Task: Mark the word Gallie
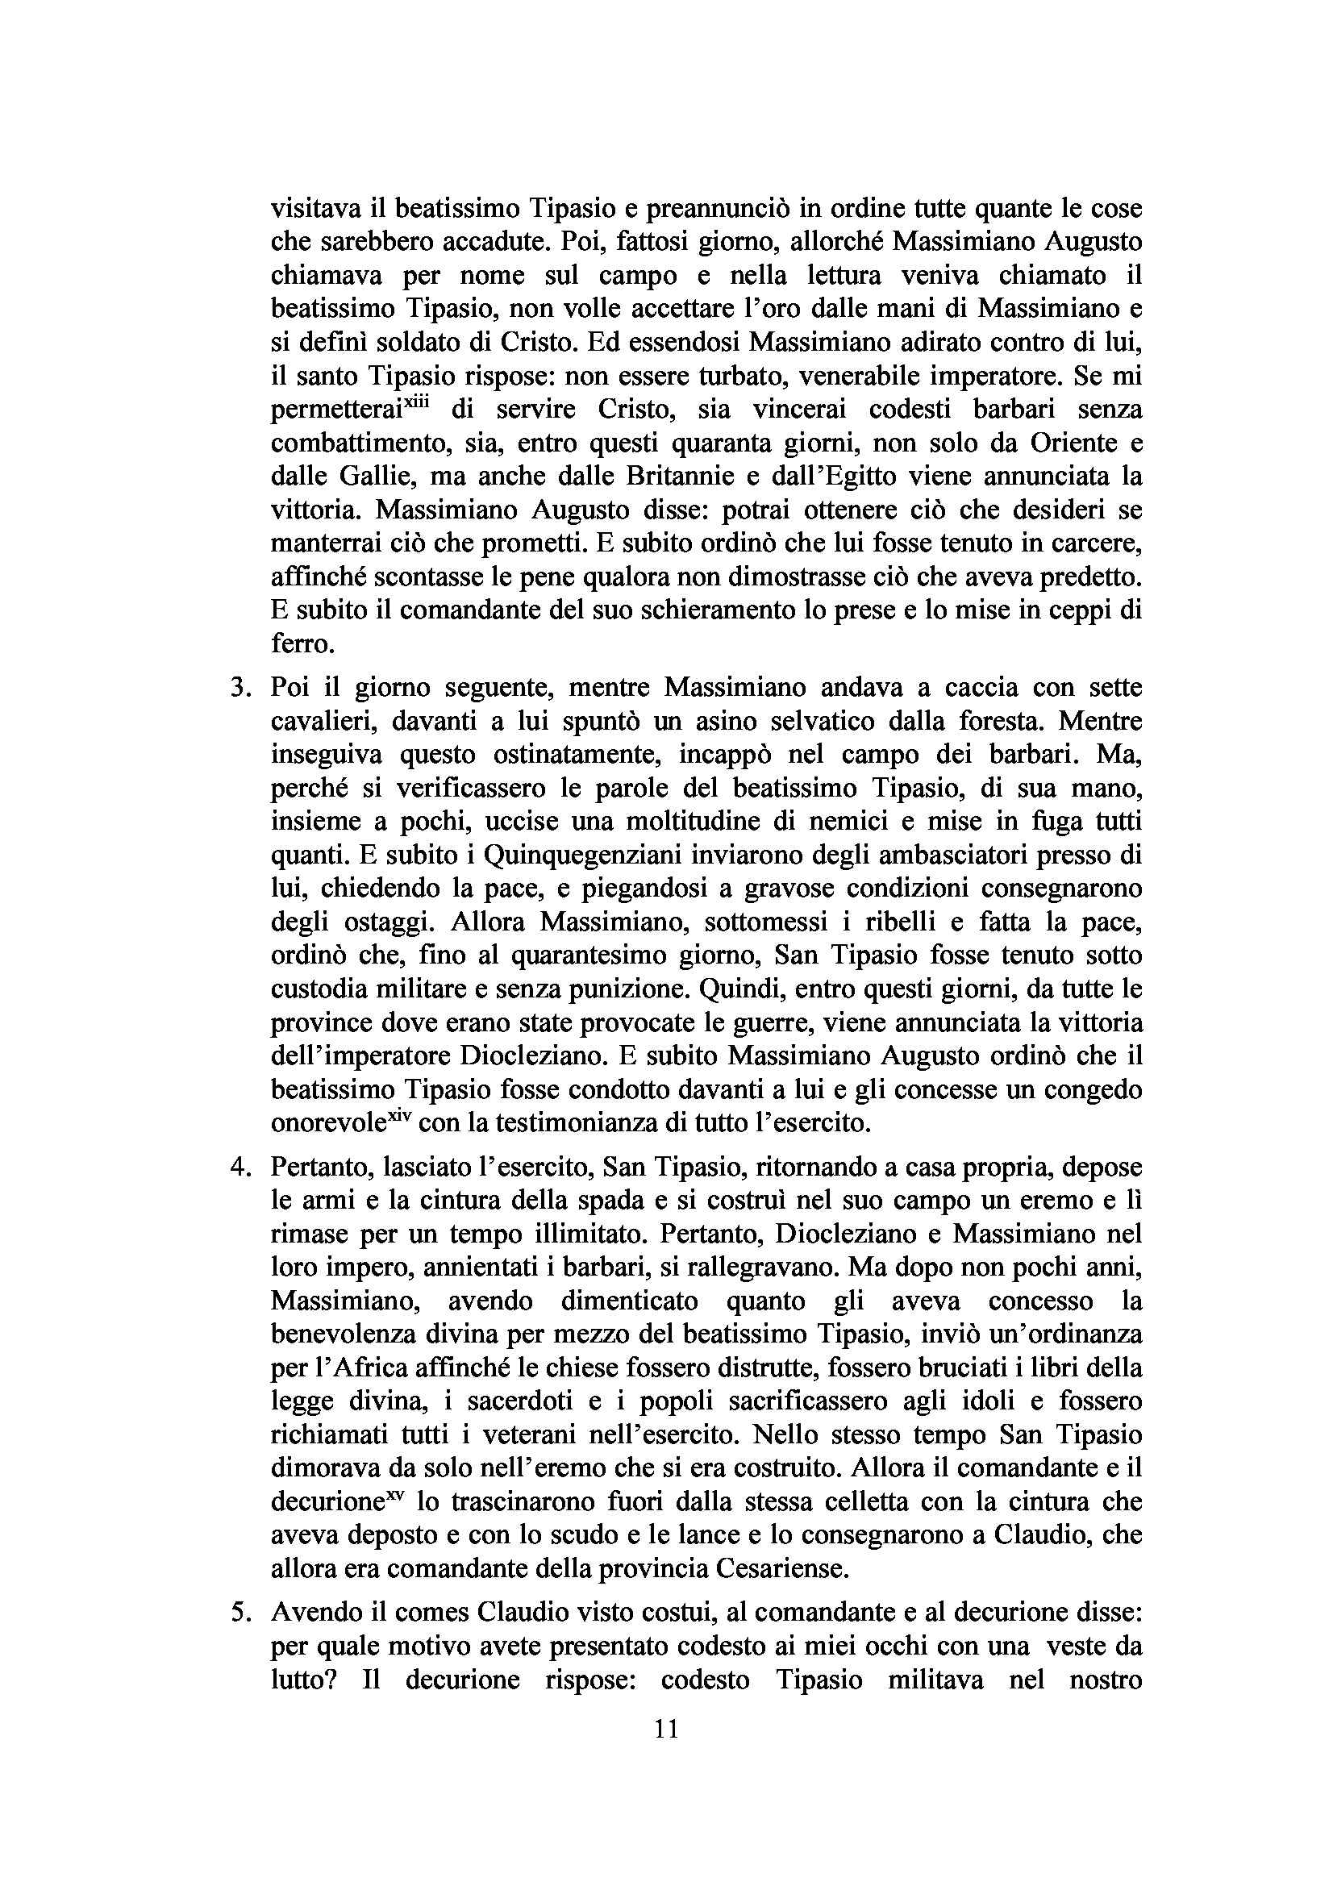click(375, 477)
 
